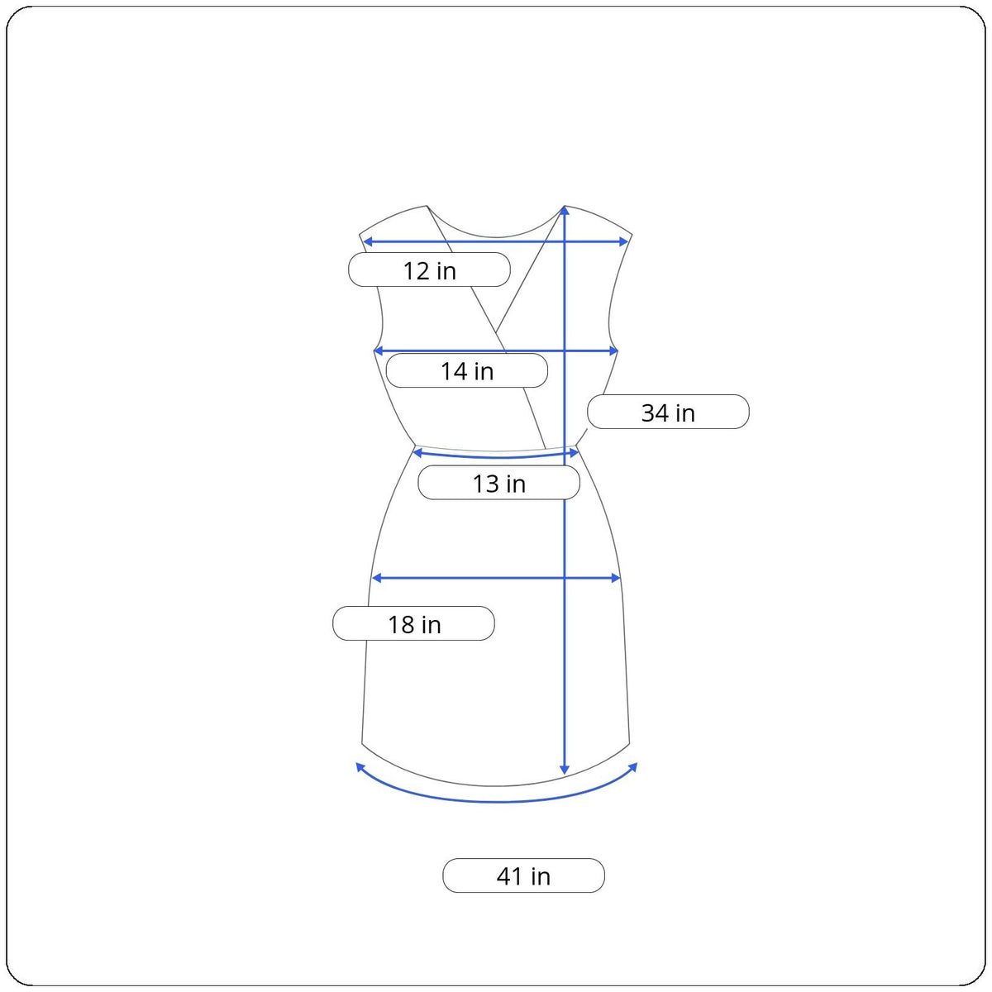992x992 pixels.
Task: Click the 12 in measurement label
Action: click(429, 269)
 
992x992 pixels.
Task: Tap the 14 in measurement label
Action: click(466, 370)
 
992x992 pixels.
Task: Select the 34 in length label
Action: click(668, 412)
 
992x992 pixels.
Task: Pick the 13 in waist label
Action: click(498, 482)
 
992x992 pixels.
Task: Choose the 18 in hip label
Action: click(413, 623)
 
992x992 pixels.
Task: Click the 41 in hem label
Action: click(523, 875)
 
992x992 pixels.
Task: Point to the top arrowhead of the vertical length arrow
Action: click(565, 210)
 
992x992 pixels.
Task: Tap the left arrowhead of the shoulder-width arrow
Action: click(367, 241)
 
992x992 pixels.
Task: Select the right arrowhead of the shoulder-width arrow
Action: click(623, 241)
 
